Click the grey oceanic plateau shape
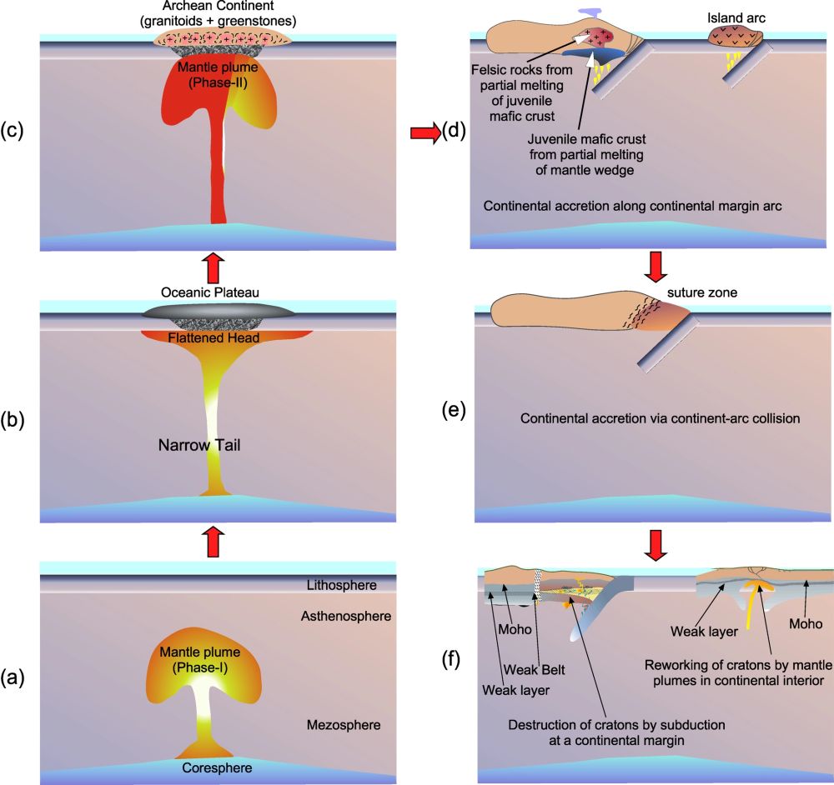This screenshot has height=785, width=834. pyautogui.click(x=219, y=313)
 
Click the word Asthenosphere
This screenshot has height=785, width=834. pyautogui.click(x=335, y=617)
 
